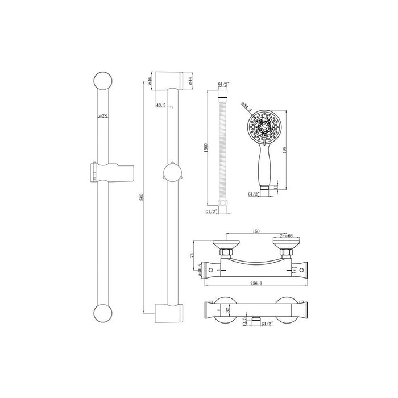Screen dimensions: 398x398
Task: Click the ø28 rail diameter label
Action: [103, 116]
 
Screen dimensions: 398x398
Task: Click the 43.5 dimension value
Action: [161, 105]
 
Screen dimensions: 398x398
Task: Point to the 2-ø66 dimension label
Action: [286, 236]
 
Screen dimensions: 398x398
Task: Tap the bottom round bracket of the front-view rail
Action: [103, 313]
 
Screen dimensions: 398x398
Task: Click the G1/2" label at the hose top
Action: [225, 85]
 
